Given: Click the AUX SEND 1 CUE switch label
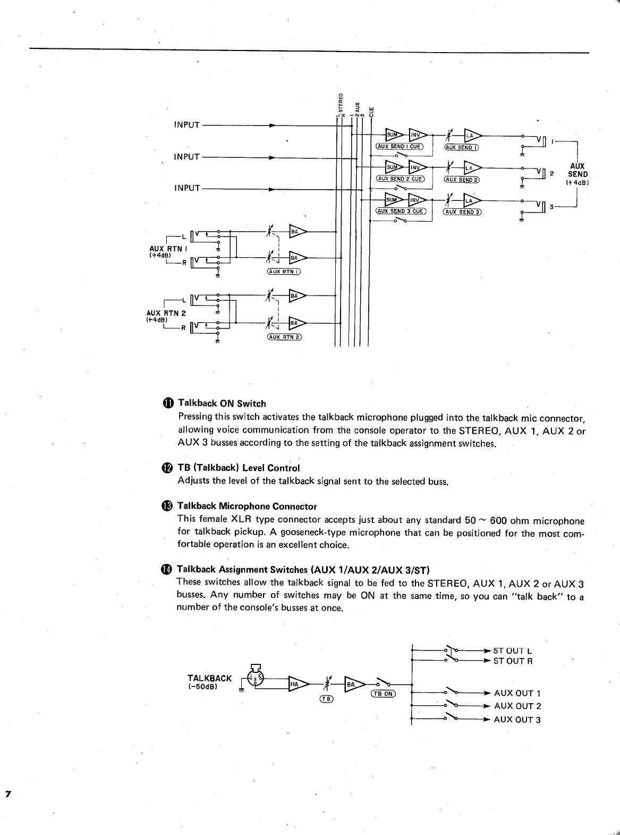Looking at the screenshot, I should tap(399, 146).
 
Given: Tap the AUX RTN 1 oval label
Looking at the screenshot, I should tap(284, 272).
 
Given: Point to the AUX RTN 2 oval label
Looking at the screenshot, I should tap(284, 337).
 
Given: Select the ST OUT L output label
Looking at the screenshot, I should tap(513, 651).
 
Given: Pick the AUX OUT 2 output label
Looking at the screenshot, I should tap(517, 706).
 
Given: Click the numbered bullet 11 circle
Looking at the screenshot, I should tap(168, 403).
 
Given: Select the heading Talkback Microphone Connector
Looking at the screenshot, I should tap(247, 506).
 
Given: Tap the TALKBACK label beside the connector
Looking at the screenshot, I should tap(209, 678).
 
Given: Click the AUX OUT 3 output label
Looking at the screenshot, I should tap(517, 720).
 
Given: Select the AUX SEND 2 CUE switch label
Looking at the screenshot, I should tap(400, 179).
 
